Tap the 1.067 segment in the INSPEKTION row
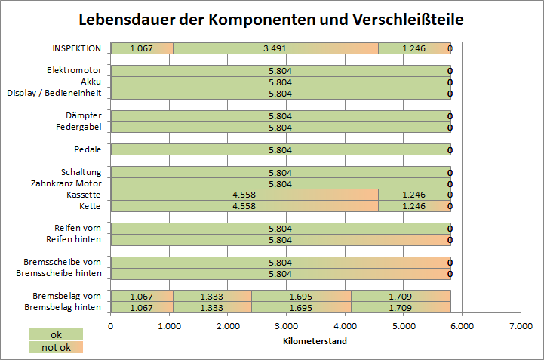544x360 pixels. point(142,48)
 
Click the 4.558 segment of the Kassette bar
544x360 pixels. point(244,195)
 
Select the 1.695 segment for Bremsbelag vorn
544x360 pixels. point(301,297)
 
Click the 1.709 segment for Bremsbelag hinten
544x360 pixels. point(400,308)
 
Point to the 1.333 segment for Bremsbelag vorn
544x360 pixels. point(212,297)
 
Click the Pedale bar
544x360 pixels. point(280,149)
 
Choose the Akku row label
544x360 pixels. point(91,82)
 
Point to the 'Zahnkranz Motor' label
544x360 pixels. point(66,183)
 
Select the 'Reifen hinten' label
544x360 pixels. point(75,239)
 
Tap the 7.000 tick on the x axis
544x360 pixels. point(520,325)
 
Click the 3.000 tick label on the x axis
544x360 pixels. point(286,325)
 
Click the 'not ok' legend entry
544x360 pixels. point(56,347)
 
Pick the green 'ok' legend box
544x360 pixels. point(56,334)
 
